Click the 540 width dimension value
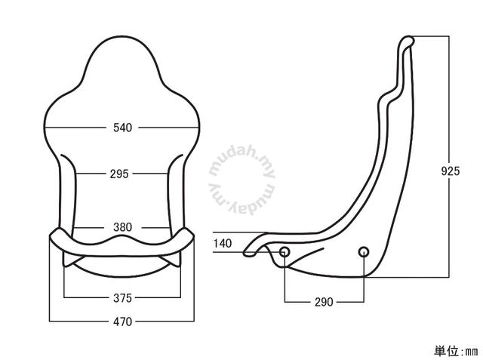[122, 128]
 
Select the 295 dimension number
[119, 174]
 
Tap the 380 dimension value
[122, 227]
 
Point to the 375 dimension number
[122, 298]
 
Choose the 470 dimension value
[122, 322]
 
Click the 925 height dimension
[450, 171]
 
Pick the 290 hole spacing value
[324, 302]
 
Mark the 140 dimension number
[223, 243]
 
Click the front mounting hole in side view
[285, 252]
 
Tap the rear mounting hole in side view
[364, 252]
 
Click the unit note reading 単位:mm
[456, 351]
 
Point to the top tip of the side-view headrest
[408, 37]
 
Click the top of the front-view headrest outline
[122, 37]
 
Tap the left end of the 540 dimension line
[45, 128]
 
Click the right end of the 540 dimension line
[198, 128]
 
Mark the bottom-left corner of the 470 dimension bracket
[50, 322]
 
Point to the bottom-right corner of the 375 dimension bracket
[180, 297]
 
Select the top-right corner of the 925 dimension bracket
[449, 36]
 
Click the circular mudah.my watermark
[242, 181]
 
